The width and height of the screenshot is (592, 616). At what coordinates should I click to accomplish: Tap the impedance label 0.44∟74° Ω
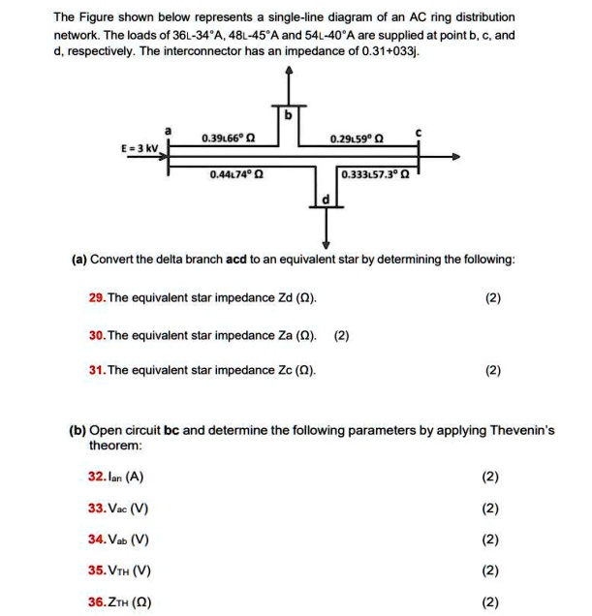235,175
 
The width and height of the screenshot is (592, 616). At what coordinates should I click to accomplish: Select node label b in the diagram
286,115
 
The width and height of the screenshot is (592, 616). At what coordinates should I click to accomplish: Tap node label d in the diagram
326,200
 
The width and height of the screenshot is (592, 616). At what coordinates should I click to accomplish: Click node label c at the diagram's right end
418,129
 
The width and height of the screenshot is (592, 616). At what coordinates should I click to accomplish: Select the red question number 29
96,298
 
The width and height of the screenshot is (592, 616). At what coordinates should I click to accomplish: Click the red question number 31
96,369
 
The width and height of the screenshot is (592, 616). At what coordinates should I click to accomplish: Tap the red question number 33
96,508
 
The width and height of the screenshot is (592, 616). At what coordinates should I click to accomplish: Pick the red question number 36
96,601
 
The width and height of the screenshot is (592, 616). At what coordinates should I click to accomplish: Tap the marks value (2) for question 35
491,570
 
